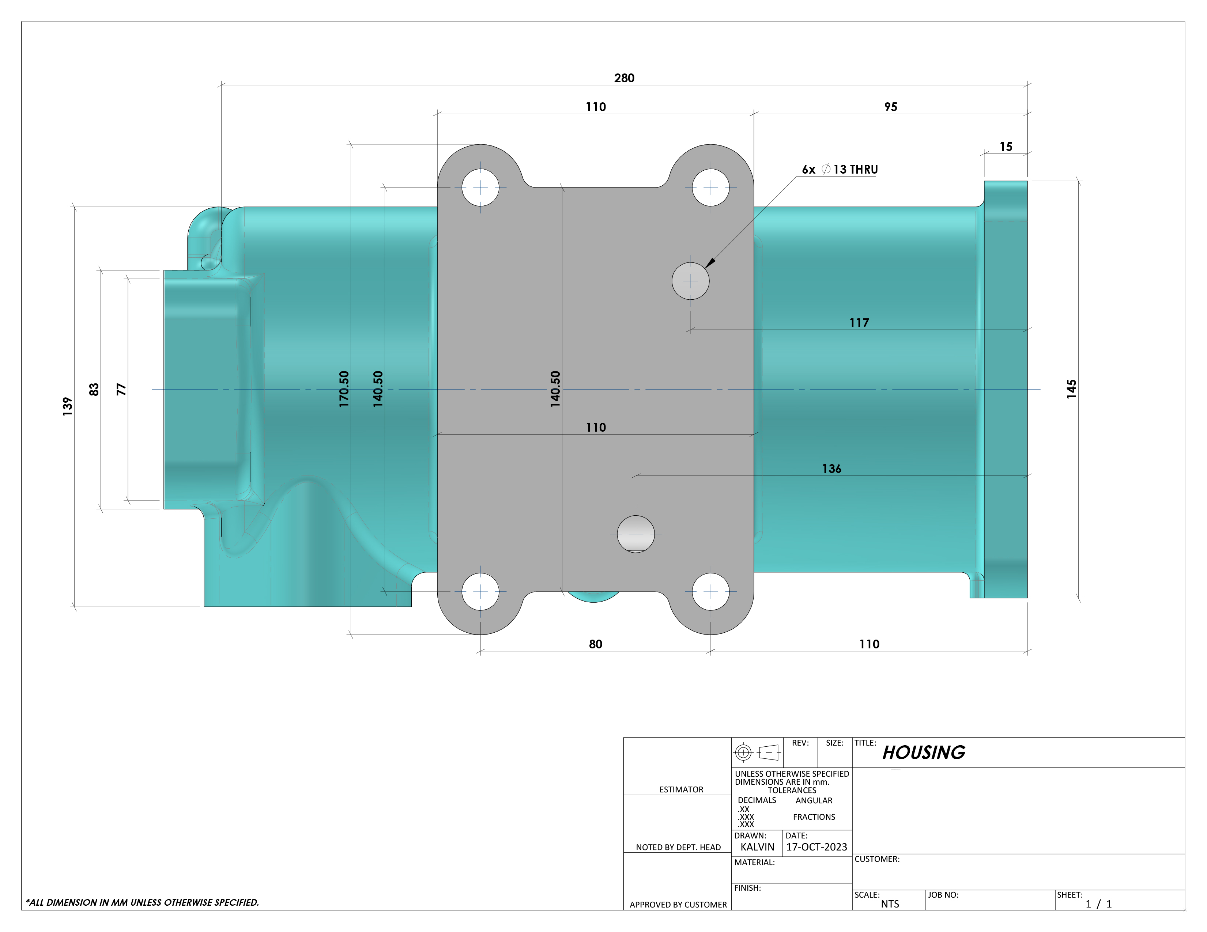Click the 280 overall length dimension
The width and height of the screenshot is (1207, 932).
click(624, 78)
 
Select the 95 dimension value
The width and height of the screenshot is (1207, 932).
click(890, 107)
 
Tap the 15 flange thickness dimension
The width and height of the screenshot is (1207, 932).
click(1006, 147)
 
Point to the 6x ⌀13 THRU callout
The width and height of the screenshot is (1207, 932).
click(840, 170)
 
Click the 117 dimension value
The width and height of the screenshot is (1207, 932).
click(859, 323)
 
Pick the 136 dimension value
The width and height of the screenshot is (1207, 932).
click(831, 469)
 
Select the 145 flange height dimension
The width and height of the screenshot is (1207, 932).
click(1071, 389)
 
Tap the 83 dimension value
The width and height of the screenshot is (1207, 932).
click(94, 390)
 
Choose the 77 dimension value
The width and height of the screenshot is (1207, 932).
click(121, 390)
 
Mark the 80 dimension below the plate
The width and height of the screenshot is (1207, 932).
click(595, 644)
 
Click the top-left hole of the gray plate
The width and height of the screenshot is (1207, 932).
click(480, 188)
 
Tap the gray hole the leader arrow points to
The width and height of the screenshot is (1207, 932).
click(691, 281)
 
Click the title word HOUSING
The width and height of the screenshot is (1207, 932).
click(924, 753)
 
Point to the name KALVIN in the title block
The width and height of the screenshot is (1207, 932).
click(757, 847)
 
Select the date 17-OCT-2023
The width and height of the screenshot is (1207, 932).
click(816, 847)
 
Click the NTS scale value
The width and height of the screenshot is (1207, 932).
click(890, 904)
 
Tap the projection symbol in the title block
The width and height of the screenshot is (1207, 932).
click(757, 753)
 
